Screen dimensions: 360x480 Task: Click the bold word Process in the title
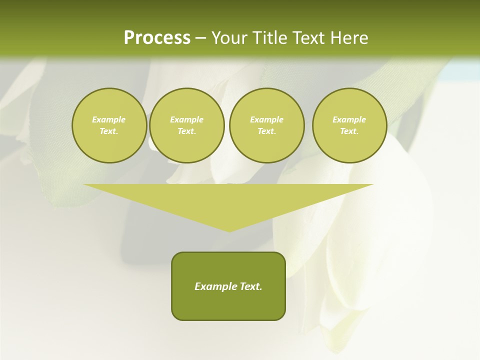157,38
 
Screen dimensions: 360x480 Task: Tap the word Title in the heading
268,38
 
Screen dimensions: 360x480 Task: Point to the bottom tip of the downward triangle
229,231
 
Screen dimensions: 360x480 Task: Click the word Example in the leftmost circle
109,119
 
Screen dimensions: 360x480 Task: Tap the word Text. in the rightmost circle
349,131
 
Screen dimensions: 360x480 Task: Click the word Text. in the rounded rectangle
250,286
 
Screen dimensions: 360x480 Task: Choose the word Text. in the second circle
186,131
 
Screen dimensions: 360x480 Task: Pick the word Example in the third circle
266,119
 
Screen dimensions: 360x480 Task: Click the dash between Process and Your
200,38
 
